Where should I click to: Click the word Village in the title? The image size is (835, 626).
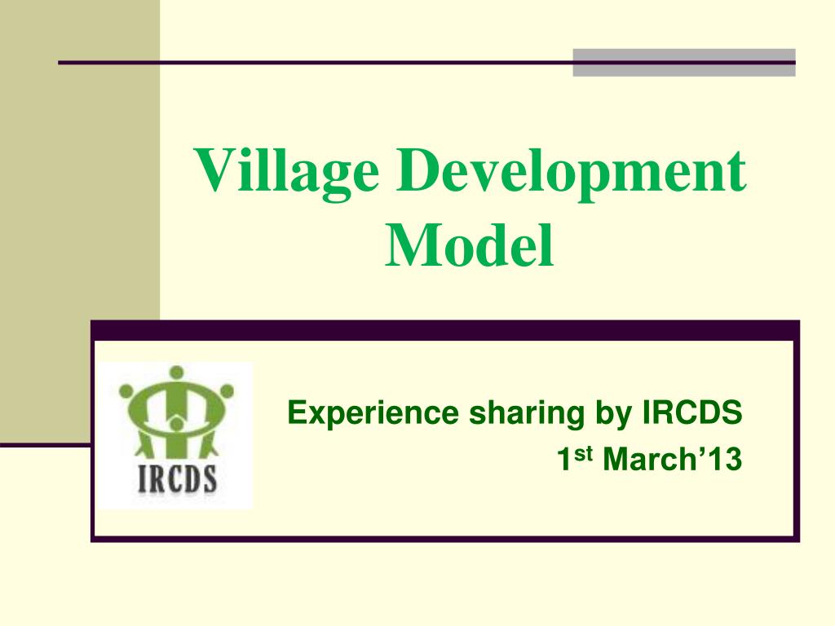pos(286,173)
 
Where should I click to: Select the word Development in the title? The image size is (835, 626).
pos(572,173)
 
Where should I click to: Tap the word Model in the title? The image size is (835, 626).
pos(470,245)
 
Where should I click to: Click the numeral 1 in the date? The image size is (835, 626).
pos(563,461)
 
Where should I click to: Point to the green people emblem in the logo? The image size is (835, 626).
pos(176,412)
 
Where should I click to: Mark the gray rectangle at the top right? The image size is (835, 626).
pos(683,63)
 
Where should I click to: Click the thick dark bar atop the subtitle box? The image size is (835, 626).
pos(444,330)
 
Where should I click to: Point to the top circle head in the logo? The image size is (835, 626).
pos(176,374)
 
